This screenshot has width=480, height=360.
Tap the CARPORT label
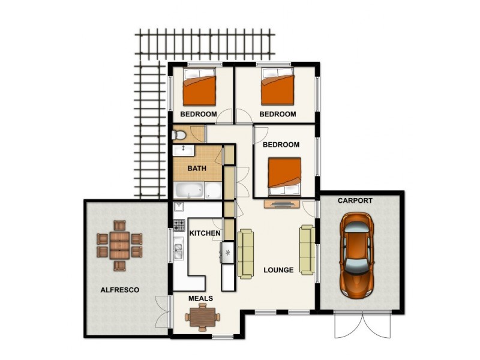tap(355, 201)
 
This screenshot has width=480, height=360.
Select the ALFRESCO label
tap(120, 290)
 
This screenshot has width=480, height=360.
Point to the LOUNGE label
tap(278, 270)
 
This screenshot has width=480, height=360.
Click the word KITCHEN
tap(205, 233)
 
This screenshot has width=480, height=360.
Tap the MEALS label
tap(200, 298)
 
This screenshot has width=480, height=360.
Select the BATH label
tap(197, 169)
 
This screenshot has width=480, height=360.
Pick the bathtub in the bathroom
tap(190, 191)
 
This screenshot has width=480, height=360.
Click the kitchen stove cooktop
tap(179, 226)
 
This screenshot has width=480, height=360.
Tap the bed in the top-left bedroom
tap(199, 88)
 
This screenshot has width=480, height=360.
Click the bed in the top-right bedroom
tap(278, 88)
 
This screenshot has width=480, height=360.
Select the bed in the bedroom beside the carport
tap(284, 176)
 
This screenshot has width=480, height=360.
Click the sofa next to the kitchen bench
tap(246, 254)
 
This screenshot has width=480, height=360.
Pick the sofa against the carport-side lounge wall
tap(307, 250)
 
